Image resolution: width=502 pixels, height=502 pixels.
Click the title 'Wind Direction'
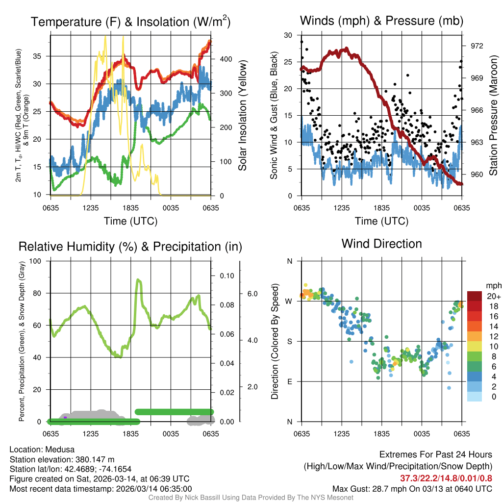tap(381, 244)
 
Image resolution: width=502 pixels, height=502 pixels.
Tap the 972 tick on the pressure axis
tap(477, 46)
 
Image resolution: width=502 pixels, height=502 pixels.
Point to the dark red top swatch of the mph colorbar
tap(475, 296)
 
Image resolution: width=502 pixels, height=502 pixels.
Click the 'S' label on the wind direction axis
tap(289, 341)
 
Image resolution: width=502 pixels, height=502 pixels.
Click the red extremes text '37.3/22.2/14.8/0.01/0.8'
tap(446, 478)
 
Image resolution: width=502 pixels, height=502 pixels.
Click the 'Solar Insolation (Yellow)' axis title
tap(243, 116)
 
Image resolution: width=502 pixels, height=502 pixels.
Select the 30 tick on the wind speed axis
tap(288, 35)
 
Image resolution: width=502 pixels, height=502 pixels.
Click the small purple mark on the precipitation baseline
tap(65, 417)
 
